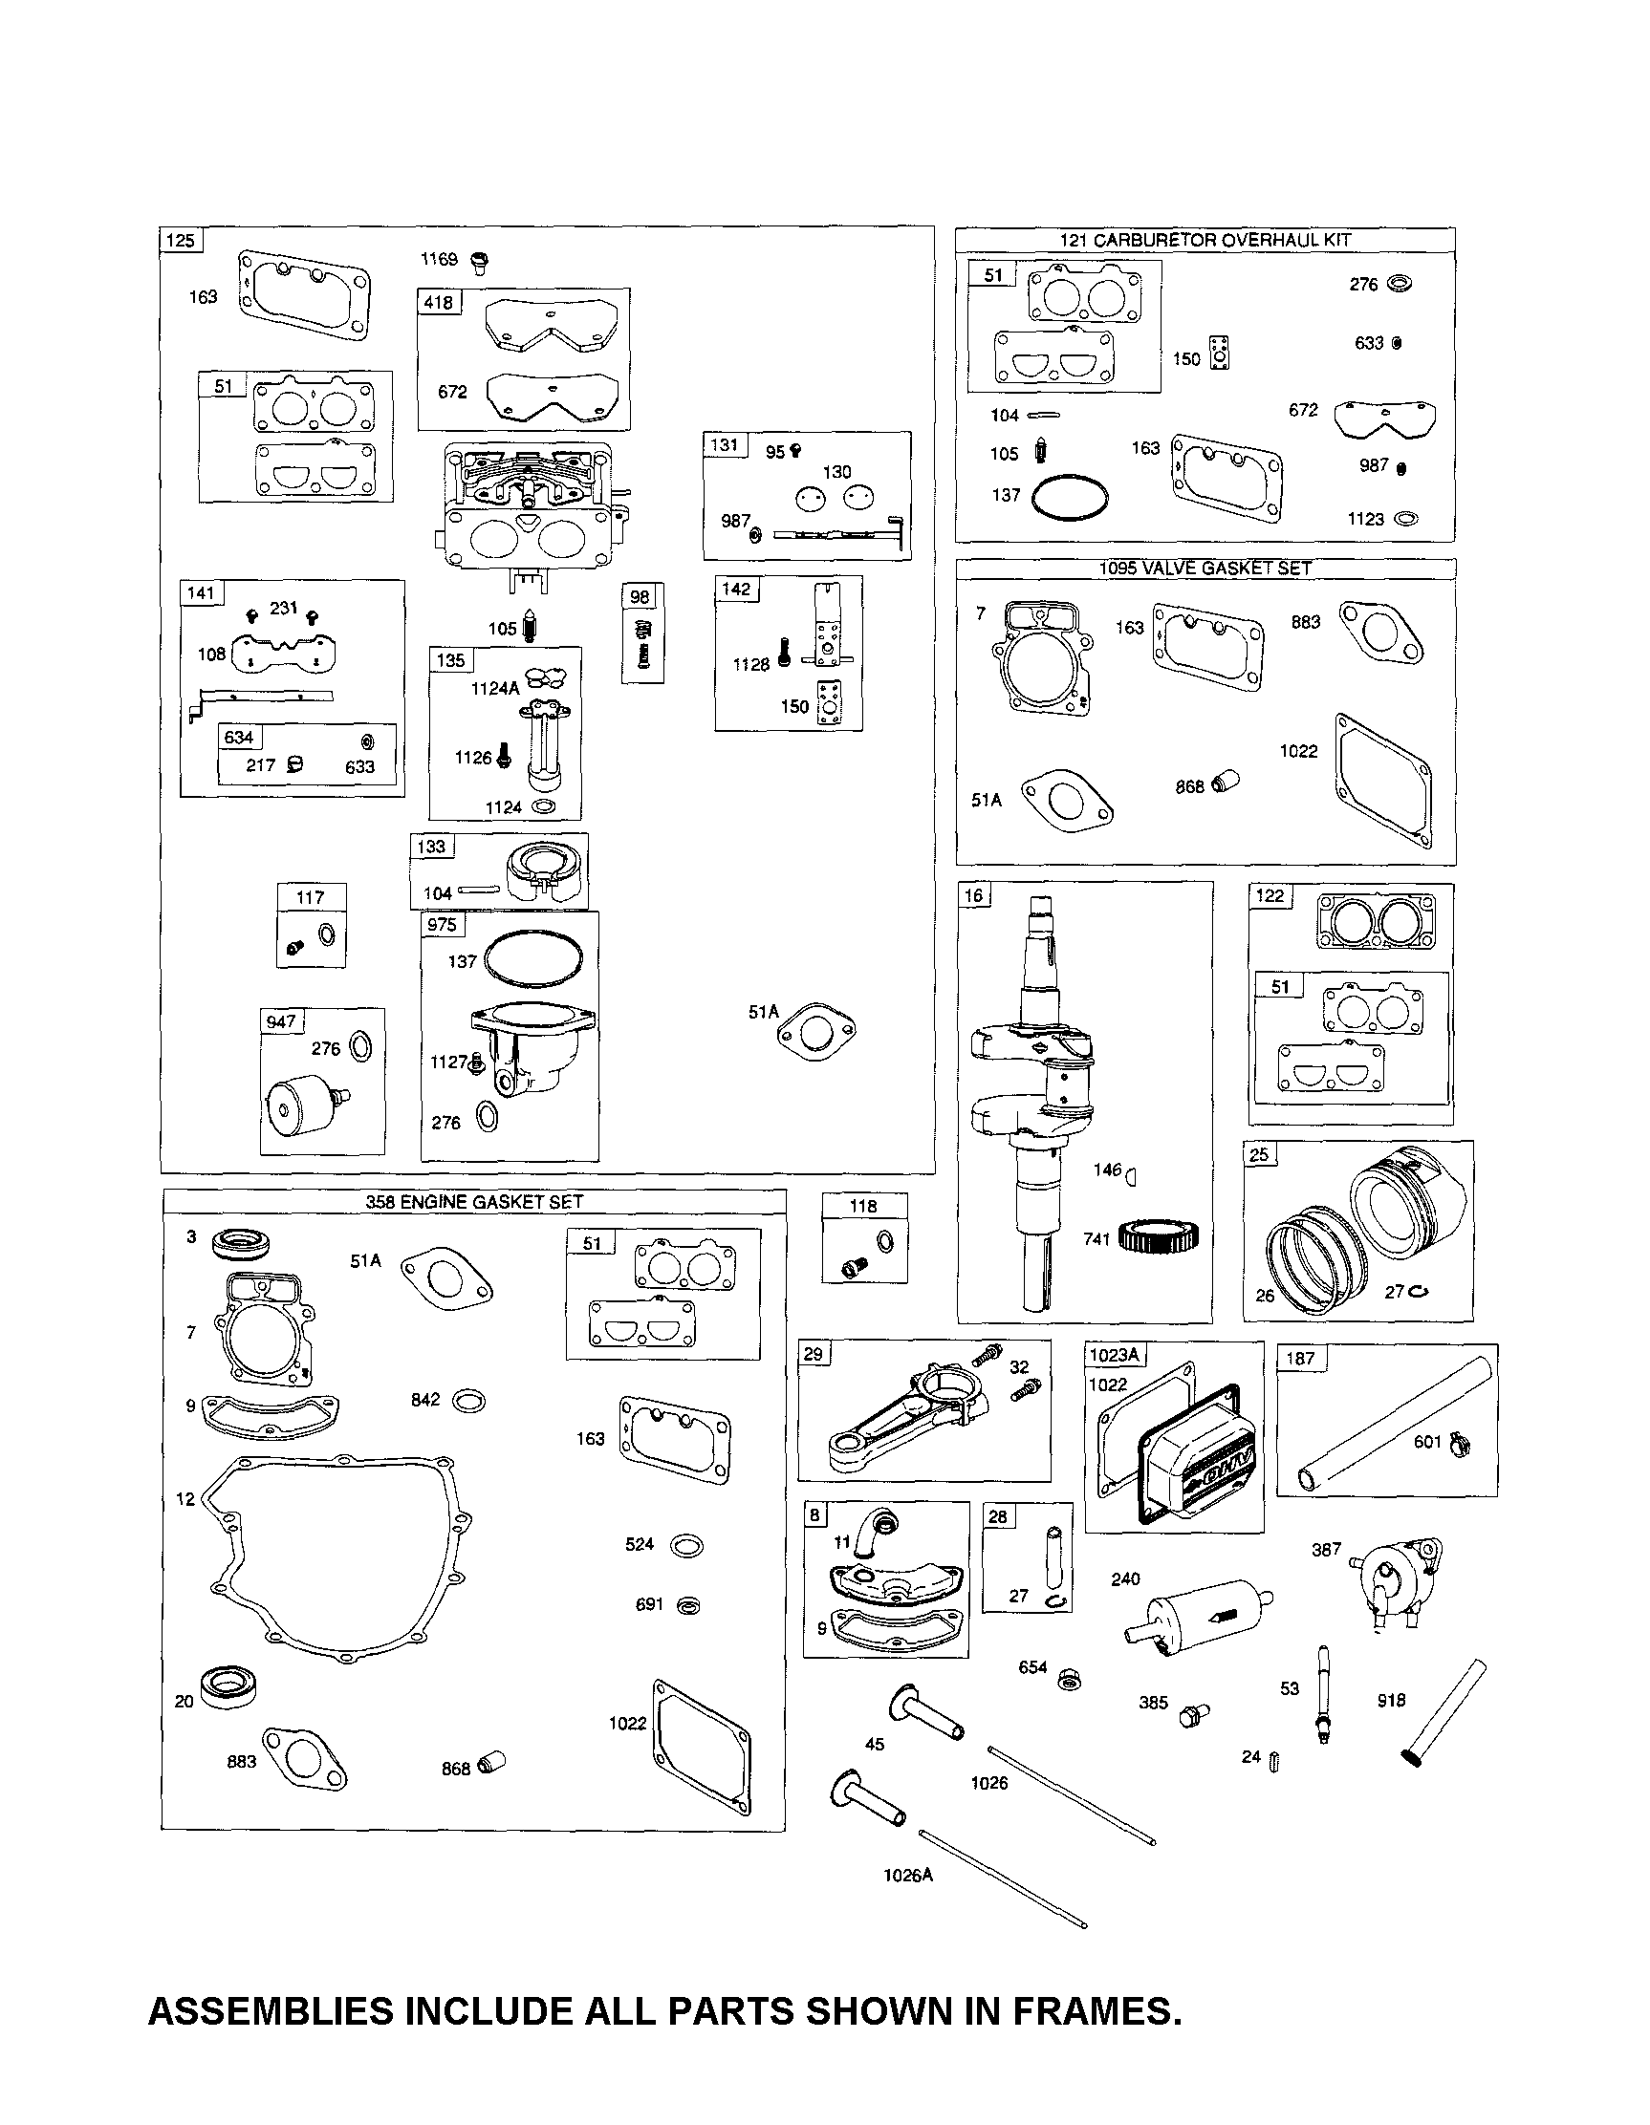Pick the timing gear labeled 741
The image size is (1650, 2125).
click(1159, 1237)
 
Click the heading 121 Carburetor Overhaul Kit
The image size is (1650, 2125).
click(1205, 240)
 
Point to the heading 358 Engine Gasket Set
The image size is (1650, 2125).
click(474, 1202)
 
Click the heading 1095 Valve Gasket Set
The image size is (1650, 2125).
click(1205, 569)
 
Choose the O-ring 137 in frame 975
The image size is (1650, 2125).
click(532, 958)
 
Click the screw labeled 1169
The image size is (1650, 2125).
click(479, 261)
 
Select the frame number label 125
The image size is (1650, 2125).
click(181, 241)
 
